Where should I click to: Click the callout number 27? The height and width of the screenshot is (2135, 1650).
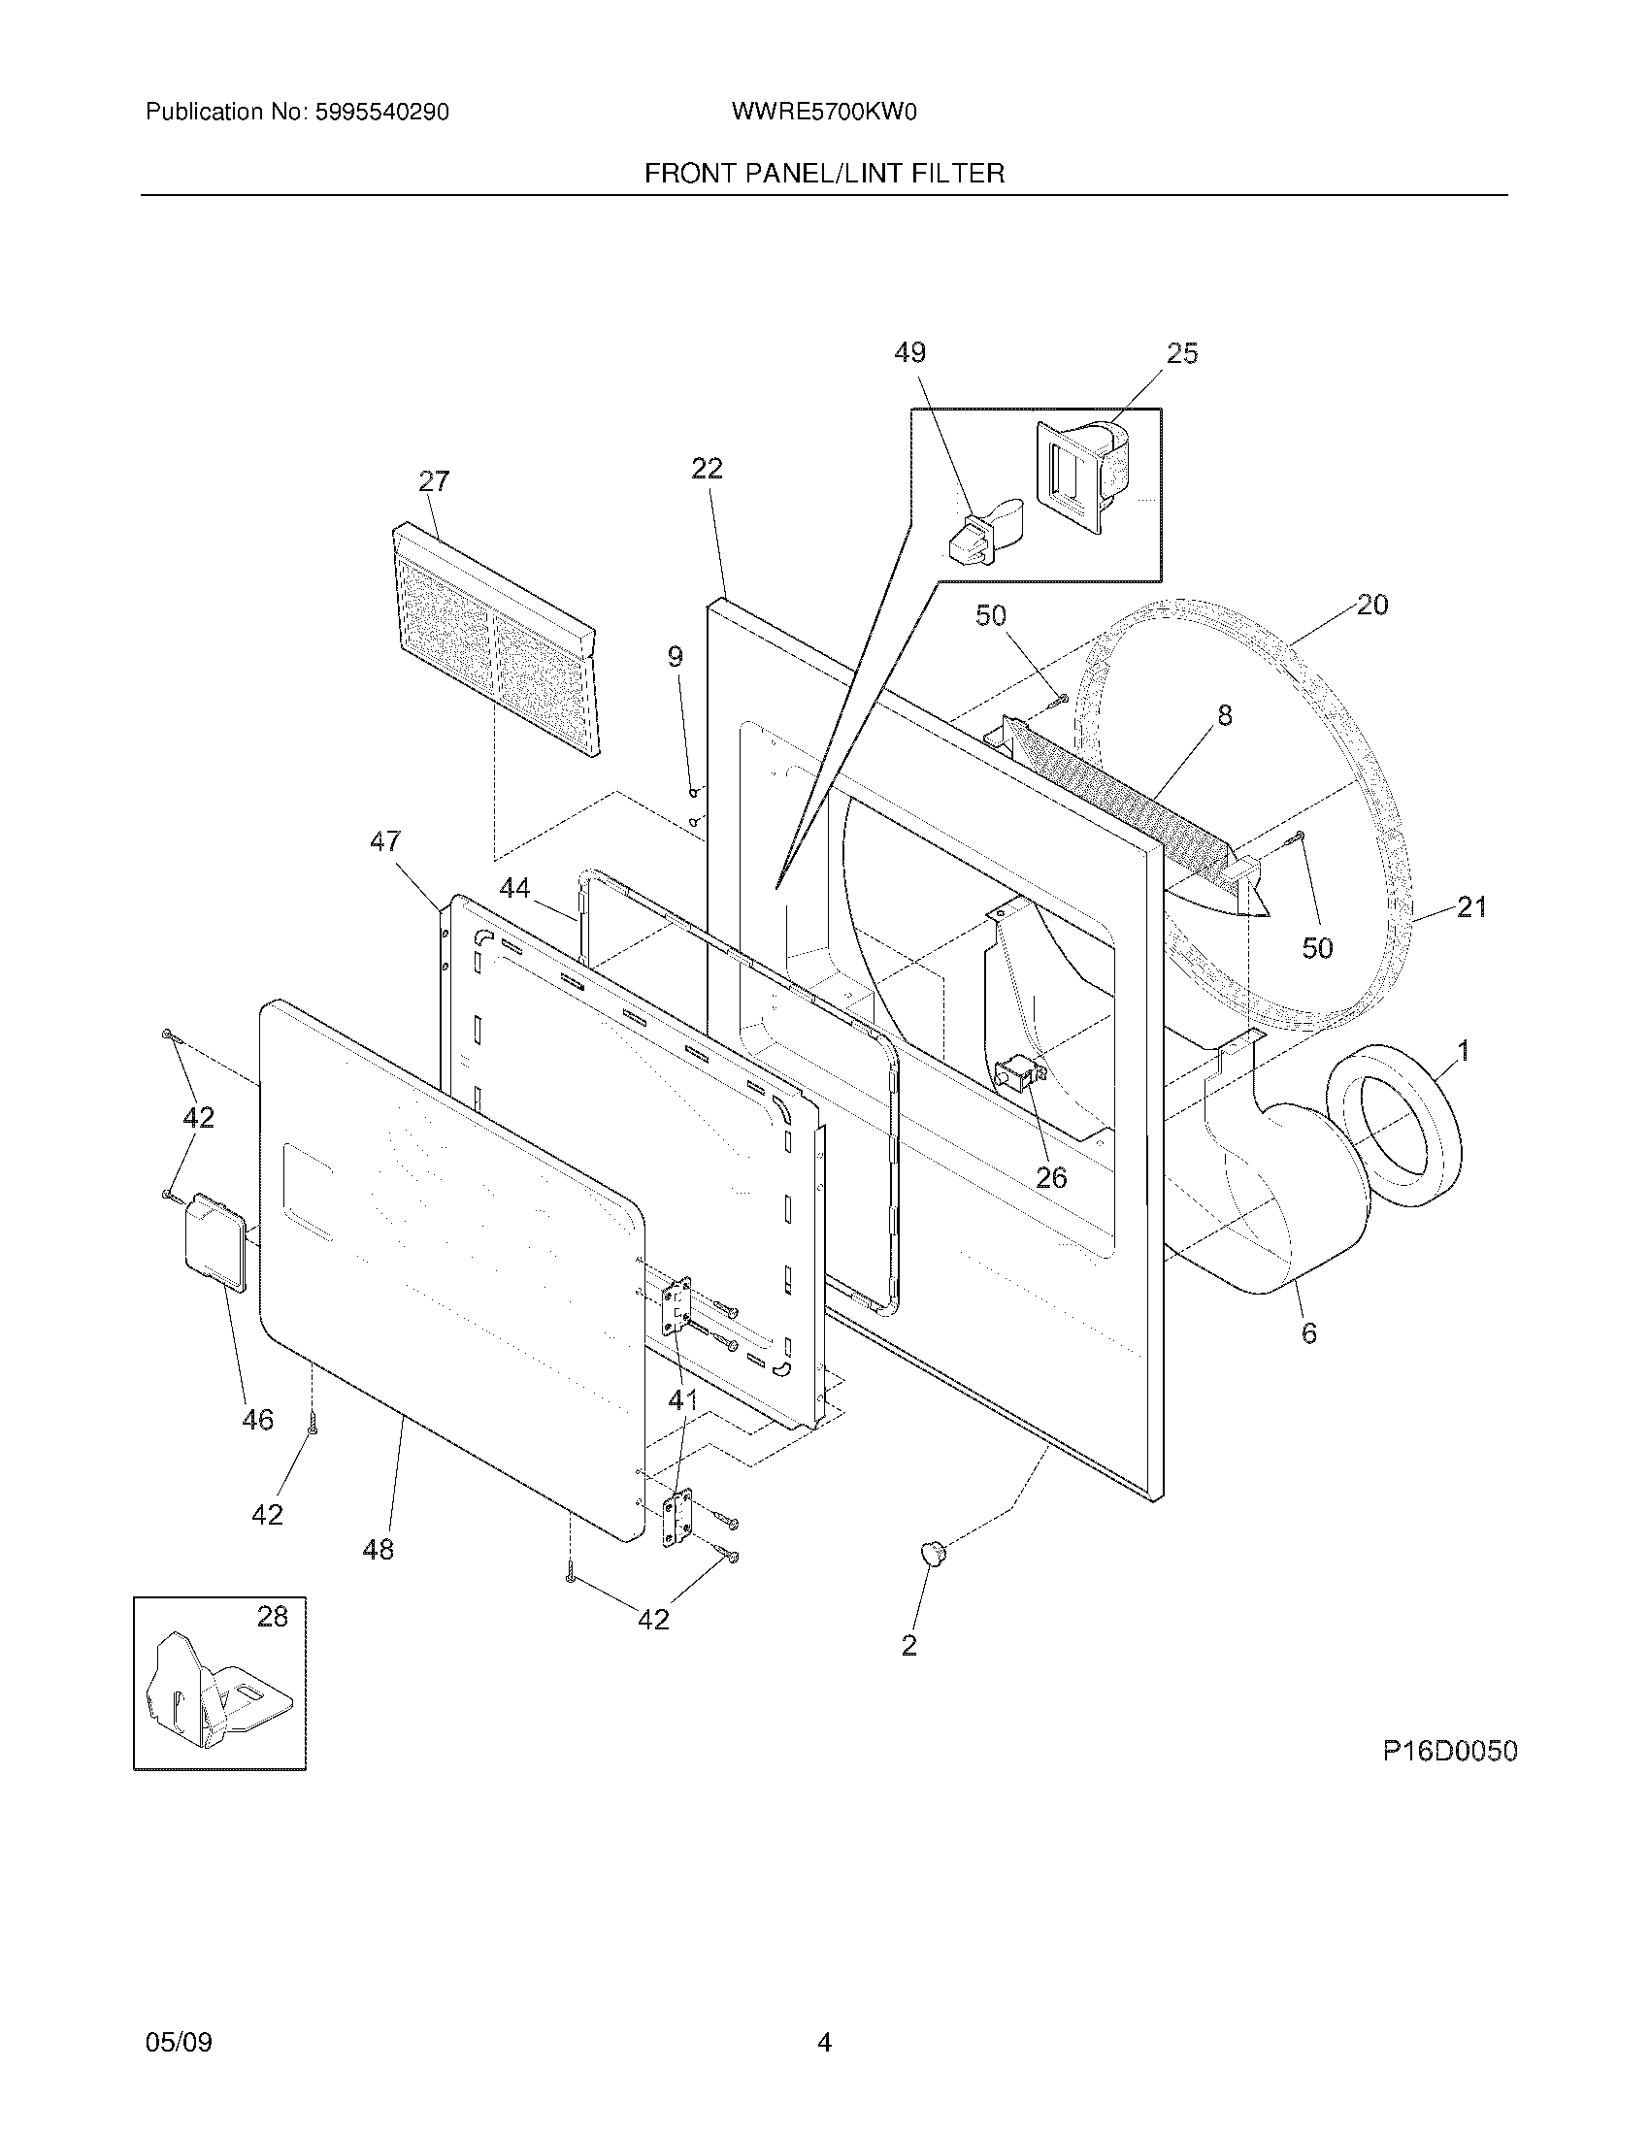434,481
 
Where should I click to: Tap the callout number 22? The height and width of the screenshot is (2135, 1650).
707,469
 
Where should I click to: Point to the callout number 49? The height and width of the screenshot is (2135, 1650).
910,353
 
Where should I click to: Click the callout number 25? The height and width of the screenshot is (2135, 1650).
1182,354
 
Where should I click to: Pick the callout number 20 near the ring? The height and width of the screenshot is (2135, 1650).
1372,606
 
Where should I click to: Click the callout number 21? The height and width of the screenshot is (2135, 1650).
1471,907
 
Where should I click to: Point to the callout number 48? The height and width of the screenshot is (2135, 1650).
379,1549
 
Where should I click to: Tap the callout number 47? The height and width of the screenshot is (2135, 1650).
385,840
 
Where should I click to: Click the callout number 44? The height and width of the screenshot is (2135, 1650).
515,888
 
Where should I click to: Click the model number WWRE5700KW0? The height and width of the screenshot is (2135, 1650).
823,113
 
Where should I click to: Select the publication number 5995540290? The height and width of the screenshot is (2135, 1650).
380,113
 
